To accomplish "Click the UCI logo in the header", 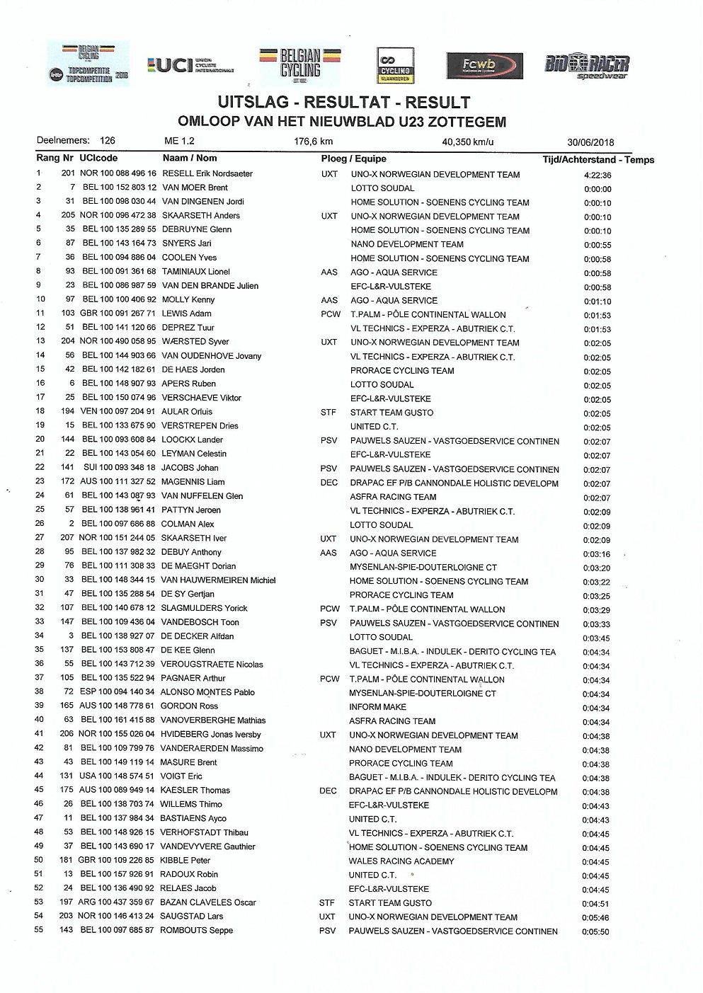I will (190, 66).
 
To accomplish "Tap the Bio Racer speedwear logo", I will (586, 67).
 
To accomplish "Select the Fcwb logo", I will (485, 66).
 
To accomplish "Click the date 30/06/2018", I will (590, 142).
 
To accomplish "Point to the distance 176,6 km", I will (313, 142).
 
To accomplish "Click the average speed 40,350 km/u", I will (467, 142).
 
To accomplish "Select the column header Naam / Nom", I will (190, 158).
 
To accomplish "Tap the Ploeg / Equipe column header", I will (353, 159).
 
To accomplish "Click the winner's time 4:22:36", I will (598, 175).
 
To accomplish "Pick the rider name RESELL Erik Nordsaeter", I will (207, 173).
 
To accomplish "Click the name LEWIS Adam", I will (186, 314).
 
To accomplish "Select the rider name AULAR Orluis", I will (187, 411).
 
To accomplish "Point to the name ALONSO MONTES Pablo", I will (207, 692).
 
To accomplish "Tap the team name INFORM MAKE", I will (377, 707).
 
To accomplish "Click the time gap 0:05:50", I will (595, 931).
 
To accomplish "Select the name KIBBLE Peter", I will (185, 860).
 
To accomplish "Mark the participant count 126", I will (107, 140).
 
